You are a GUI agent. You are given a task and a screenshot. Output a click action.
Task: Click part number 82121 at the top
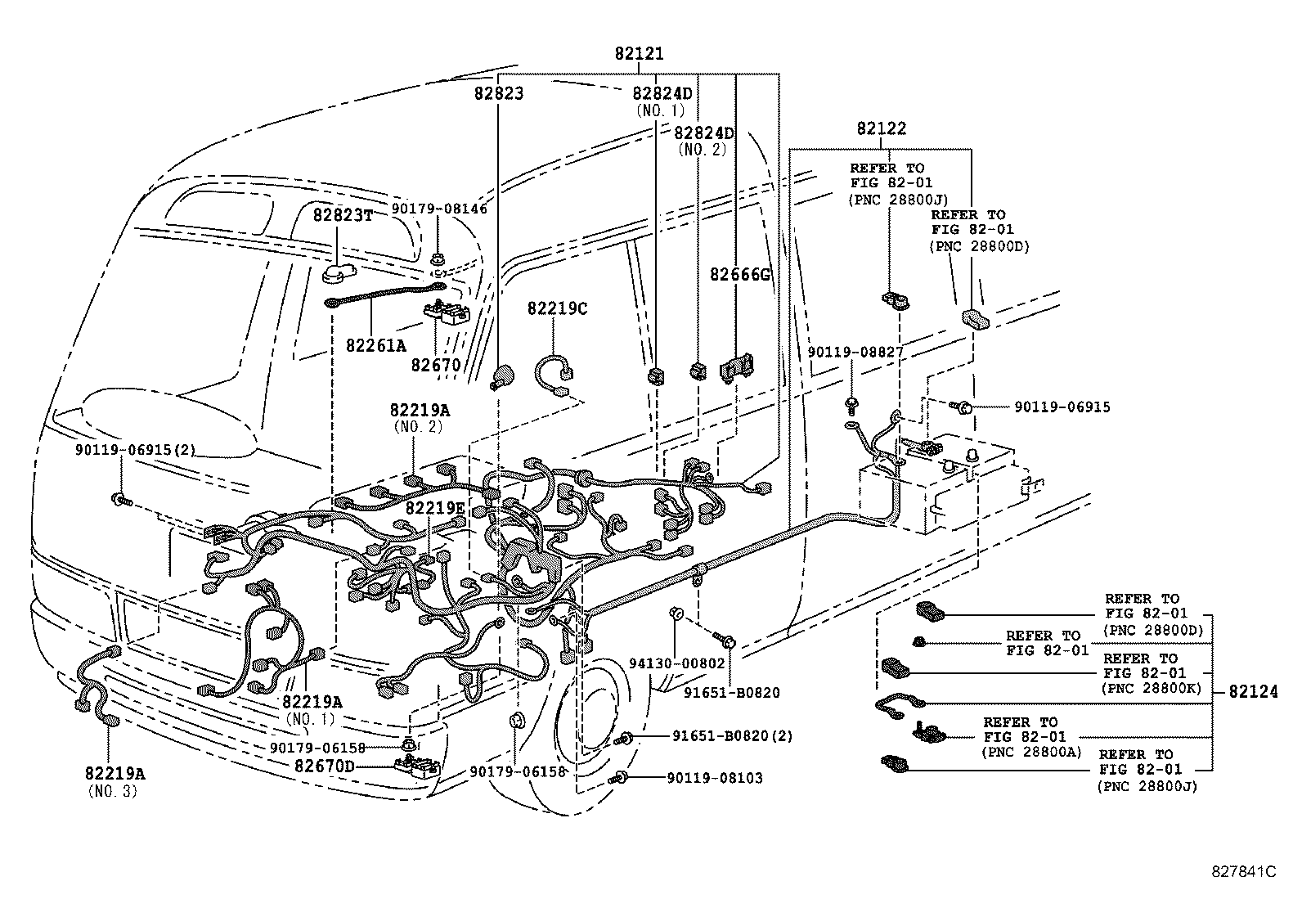(639, 54)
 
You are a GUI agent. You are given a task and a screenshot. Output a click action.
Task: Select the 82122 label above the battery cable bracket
(881, 129)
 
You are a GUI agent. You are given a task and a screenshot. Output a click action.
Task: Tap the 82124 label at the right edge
(1252, 692)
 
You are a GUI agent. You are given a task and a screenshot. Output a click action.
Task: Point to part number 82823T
(343, 215)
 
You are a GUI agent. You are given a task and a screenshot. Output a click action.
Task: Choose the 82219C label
(557, 308)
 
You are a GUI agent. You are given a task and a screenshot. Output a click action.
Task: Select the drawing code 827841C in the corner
(1243, 872)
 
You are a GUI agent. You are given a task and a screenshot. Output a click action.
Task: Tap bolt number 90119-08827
(855, 352)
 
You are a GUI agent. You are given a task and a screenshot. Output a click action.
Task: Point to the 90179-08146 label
(438, 209)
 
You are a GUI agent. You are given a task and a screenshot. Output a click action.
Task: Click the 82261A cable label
(375, 345)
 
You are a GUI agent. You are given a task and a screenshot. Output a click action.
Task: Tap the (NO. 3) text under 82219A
(112, 791)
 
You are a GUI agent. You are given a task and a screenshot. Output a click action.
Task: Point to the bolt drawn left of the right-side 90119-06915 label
(962, 406)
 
